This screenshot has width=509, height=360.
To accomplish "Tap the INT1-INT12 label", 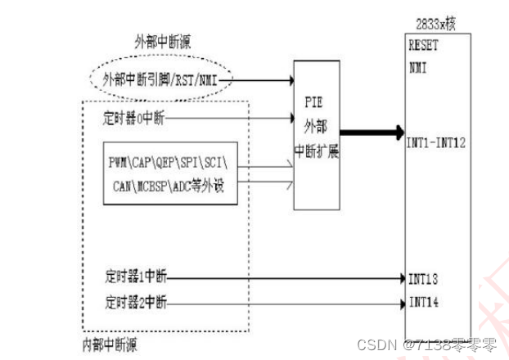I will pos(436,142).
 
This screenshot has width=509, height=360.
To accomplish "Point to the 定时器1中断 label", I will pos(135,277).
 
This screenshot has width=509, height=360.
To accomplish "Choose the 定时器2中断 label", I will pos(135,304).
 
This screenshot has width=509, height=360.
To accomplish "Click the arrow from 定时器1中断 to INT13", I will pos(286,277).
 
